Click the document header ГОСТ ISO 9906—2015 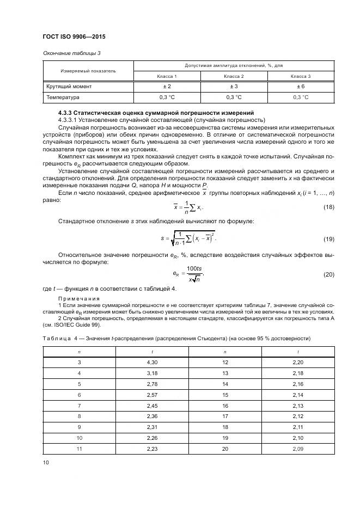[74, 36]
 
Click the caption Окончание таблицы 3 [71, 53]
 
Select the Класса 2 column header [234, 76]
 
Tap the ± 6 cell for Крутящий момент [300, 87]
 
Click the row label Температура [62, 97]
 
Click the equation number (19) [328, 239]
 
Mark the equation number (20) [328, 275]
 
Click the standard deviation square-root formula [188, 237]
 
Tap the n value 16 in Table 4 [225, 405]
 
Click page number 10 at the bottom [46, 463]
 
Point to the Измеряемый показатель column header [88, 71]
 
